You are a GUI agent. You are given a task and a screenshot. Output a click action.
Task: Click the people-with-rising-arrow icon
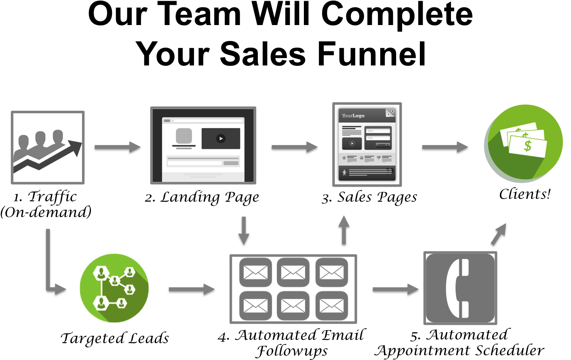[48, 148]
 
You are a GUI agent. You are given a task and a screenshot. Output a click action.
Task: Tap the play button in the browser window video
[221, 139]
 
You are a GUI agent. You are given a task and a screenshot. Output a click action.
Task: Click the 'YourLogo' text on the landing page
[353, 116]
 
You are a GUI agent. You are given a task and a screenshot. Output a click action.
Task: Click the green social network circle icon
[114, 288]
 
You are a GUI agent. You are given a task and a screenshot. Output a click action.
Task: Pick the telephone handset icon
[460, 288]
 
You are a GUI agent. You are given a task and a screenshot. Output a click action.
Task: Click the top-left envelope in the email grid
[255, 272]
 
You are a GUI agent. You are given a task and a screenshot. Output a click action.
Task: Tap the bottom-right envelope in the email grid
[331, 306]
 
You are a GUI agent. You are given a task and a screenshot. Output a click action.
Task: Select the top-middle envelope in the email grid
[293, 272]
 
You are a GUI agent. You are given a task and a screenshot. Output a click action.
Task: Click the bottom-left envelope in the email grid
[255, 306]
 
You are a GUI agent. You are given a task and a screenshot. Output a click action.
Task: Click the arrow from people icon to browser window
[117, 147]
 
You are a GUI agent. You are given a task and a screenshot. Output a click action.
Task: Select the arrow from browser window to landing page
[294, 147]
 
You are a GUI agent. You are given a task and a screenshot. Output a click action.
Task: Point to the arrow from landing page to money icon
[445, 147]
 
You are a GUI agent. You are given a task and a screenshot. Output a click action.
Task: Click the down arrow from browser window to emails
[243, 231]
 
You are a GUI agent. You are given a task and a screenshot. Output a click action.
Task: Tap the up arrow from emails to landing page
[344, 230]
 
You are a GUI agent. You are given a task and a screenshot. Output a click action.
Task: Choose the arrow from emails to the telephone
[395, 289]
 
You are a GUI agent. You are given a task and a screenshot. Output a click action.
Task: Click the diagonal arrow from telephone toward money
[499, 234]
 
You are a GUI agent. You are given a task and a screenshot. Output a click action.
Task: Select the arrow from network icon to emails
[192, 289]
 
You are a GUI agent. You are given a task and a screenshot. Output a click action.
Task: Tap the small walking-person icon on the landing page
[344, 173]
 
